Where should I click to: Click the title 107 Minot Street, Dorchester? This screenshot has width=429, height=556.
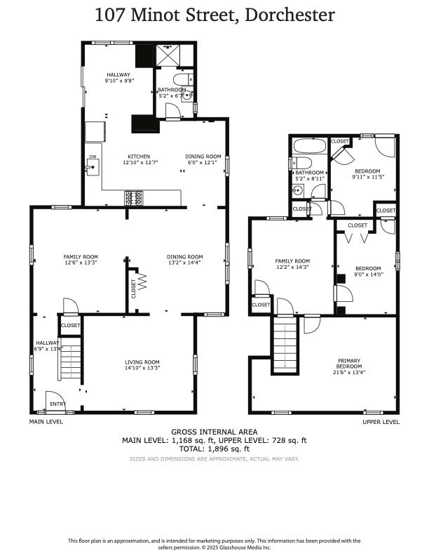click(214, 15)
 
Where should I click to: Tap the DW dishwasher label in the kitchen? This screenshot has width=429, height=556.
click(93, 157)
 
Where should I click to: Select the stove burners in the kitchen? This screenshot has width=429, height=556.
click(134, 198)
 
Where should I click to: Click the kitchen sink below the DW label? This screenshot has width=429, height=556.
click(93, 167)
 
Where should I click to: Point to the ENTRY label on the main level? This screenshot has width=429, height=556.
click(57, 404)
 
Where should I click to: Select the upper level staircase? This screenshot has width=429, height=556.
click(285, 344)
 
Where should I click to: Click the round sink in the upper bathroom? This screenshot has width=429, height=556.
click(298, 190)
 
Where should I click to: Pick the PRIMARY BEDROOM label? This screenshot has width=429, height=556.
click(349, 364)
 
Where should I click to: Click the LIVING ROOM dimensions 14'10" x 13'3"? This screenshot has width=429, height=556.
click(142, 368)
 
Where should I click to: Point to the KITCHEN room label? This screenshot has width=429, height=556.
click(139, 157)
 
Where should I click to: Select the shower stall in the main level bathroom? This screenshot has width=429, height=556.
click(168, 55)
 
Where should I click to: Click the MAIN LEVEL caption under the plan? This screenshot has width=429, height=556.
click(46, 422)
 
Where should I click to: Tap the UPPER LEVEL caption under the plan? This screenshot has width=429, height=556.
click(381, 422)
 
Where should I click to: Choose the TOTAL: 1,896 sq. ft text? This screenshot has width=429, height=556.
click(214, 449)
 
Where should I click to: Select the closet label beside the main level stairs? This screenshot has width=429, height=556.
click(70, 325)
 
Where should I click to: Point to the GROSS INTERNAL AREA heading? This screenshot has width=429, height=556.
click(214, 432)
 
